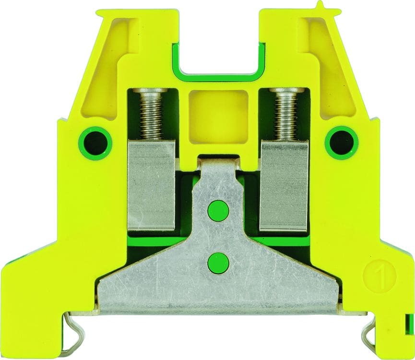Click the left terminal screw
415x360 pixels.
tap(151, 114)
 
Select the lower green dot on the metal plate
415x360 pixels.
tap(218, 264)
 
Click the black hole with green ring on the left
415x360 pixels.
tap(95, 143)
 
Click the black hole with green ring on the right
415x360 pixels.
tap(342, 143)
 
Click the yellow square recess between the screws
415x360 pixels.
tap(218, 114)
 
